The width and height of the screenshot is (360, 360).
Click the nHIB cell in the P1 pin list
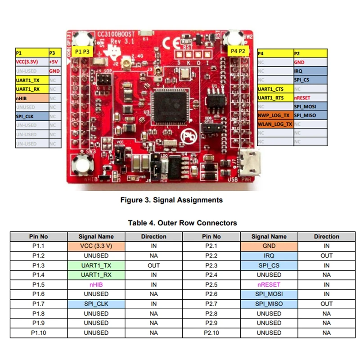point(31,98)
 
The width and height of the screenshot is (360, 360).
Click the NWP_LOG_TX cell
point(274,116)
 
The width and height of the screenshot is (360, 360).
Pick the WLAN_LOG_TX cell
point(274,124)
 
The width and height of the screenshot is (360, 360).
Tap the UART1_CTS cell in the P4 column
point(274,89)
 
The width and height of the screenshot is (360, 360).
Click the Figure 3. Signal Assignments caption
point(171,200)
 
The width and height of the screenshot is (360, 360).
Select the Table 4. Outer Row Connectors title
point(182,223)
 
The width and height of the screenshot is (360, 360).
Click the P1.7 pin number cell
point(38,304)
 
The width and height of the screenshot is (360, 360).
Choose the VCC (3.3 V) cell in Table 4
point(96,246)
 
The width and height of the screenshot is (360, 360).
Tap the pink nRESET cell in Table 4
point(269,284)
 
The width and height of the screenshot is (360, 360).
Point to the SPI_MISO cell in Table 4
point(269,304)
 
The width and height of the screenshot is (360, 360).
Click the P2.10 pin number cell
point(211,333)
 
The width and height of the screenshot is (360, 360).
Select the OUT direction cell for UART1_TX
point(153,265)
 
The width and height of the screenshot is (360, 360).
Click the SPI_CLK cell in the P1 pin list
point(31,116)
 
